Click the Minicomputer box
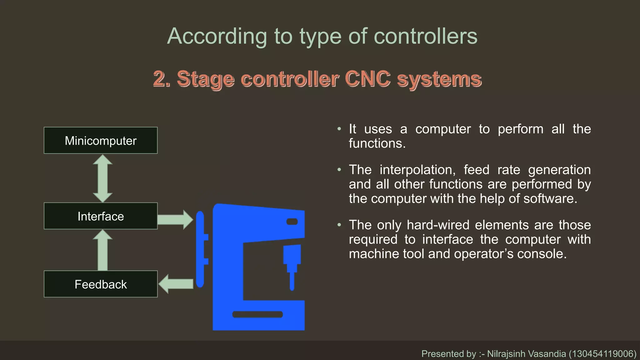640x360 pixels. click(101, 141)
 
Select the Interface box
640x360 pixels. click(101, 216)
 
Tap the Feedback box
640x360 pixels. click(101, 284)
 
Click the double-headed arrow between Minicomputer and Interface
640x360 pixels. click(102, 178)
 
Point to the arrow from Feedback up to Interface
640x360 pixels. click(102, 250)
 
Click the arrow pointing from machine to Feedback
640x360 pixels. click(176, 284)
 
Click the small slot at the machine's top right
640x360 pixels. click(292, 222)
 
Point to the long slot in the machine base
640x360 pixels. click(257, 314)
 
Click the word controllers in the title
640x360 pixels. click(425, 36)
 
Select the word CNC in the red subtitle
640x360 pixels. click(367, 78)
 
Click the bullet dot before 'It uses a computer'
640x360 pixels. click(339, 129)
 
